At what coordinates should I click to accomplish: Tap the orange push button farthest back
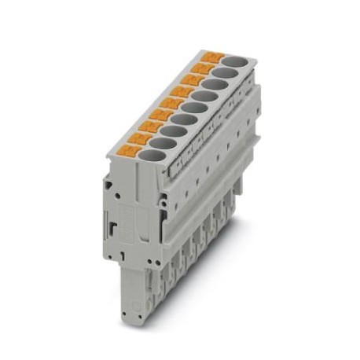tap(212, 57)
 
